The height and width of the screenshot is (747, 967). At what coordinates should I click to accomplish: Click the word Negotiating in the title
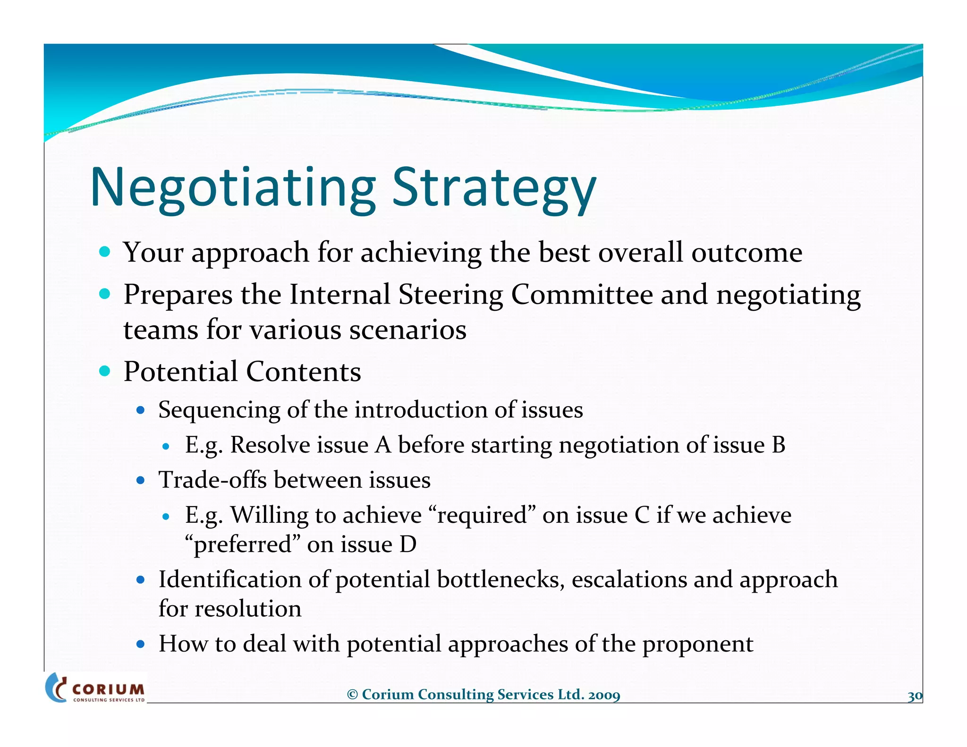click(x=232, y=187)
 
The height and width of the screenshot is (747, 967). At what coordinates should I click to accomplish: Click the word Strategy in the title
click(x=494, y=187)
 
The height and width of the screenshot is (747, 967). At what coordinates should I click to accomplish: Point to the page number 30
click(x=915, y=696)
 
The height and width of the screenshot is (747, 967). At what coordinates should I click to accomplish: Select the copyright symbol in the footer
click(x=352, y=695)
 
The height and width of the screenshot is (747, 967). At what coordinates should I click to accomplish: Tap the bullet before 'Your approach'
click(x=105, y=252)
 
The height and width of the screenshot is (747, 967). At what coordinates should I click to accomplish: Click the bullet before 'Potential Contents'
click(x=105, y=371)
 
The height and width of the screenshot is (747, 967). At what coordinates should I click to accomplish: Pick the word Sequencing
click(x=219, y=409)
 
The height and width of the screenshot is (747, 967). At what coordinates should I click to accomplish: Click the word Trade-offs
click(x=212, y=480)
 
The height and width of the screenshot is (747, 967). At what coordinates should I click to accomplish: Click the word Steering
click(x=450, y=295)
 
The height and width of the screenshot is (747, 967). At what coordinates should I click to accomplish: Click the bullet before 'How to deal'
click(x=140, y=644)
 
